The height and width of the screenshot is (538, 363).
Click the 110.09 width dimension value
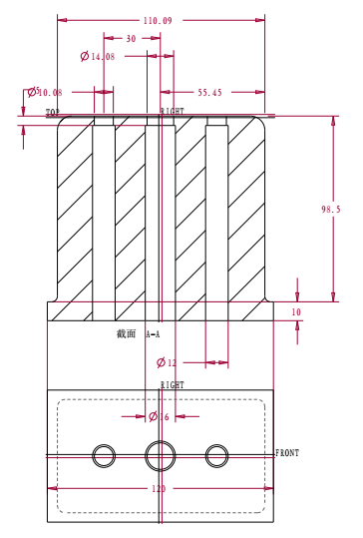pos(158,21)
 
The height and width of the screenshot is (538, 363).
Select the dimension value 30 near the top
pos(131,38)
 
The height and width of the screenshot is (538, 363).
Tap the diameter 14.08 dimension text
pos(98,56)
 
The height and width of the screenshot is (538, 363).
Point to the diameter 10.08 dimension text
pos(45,92)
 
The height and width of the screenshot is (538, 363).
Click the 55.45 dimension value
pos(209,92)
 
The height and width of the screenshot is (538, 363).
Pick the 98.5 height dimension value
pos(331,209)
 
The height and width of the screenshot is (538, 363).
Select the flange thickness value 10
pos(296,311)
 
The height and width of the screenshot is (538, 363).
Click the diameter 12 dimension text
pos(167,362)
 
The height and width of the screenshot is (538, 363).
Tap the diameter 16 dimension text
pos(159,416)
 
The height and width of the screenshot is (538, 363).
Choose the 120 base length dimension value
pos(159,488)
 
